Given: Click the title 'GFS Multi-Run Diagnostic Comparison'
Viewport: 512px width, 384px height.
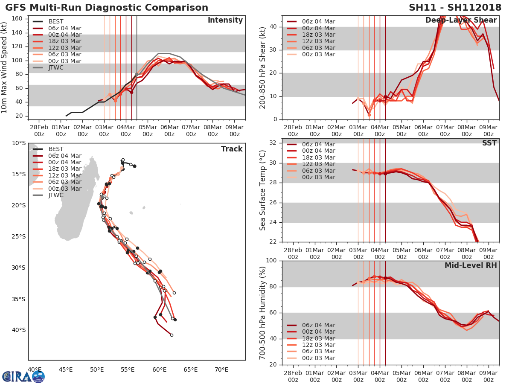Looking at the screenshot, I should [x=107, y=8].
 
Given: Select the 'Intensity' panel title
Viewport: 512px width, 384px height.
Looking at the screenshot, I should [x=225, y=20].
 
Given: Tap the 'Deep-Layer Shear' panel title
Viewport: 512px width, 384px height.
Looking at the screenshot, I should [x=461, y=20].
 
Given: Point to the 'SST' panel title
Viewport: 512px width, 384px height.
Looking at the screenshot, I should [x=489, y=143].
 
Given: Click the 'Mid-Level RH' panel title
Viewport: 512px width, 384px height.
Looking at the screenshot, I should [x=471, y=265].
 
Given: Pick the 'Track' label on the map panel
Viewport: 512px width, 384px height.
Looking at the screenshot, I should [x=232, y=149].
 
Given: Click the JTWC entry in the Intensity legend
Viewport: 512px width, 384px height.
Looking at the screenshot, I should [x=56, y=67].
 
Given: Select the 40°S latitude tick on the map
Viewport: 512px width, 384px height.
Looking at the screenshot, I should [x=19, y=330].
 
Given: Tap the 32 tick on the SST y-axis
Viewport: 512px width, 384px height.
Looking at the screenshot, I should [x=274, y=143].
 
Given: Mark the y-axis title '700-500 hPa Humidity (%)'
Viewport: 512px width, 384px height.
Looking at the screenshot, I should [x=263, y=313].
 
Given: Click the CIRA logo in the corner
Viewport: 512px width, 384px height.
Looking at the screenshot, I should [x=23, y=376].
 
